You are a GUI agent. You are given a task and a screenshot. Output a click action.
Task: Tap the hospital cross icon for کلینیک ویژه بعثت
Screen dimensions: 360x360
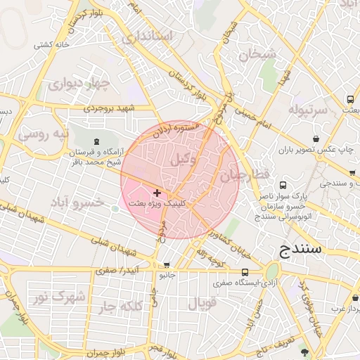(156, 193)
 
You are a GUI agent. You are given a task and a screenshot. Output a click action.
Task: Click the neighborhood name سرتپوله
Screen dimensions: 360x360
(308, 110)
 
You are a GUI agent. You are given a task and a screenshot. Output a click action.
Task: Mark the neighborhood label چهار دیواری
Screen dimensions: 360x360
(80, 85)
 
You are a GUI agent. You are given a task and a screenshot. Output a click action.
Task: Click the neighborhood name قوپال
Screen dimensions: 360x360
(203, 303)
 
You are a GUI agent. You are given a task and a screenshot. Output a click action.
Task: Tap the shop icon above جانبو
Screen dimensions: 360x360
(167, 265)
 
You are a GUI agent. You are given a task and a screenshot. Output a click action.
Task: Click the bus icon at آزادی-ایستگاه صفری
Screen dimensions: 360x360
(245, 272)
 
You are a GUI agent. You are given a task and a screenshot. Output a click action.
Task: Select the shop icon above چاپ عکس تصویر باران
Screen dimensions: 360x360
(316, 139)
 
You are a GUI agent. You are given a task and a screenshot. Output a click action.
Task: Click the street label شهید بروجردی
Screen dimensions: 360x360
(109, 108)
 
